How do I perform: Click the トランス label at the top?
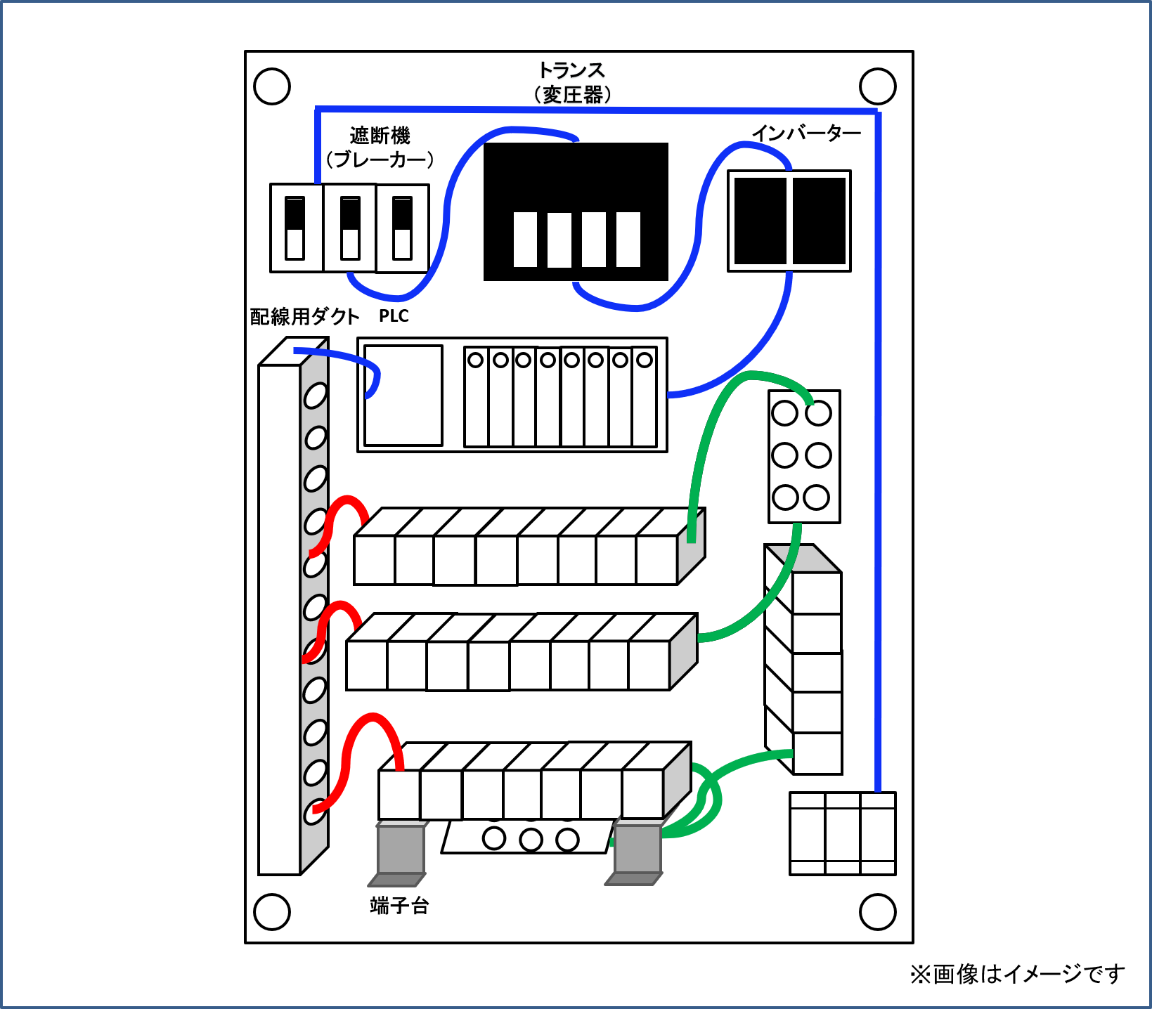click(571, 70)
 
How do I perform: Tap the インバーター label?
click(805, 133)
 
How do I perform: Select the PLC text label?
click(394, 316)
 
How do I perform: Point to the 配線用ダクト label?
click(304, 317)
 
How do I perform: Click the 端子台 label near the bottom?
click(399, 906)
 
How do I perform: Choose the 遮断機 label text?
click(380, 136)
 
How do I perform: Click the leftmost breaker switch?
click(295, 228)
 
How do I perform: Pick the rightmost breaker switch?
click(402, 228)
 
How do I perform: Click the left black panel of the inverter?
click(760, 221)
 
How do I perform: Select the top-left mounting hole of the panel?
click(272, 86)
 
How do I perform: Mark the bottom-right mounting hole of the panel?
click(878, 911)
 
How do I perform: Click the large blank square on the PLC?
click(403, 396)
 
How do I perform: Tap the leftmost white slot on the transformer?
click(525, 240)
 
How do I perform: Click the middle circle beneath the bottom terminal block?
click(531, 839)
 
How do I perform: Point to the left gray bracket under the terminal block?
click(401, 850)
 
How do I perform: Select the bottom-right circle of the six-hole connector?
click(816, 497)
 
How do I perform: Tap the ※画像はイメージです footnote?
click(1016, 974)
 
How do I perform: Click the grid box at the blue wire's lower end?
click(842, 833)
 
